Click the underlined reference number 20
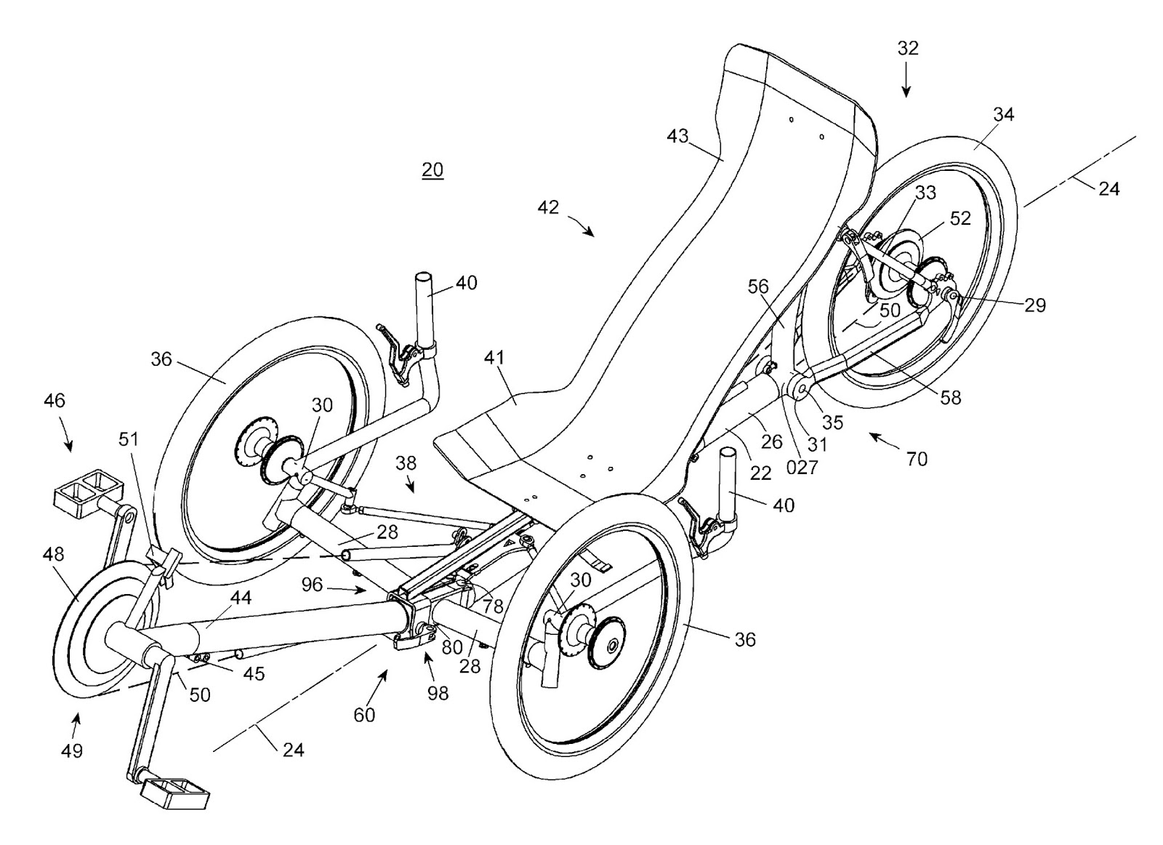pos(432,170)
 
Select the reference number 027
pos(802,468)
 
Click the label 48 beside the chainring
pos(53,554)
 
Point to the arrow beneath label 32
pos(906,81)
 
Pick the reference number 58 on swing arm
pos(950,397)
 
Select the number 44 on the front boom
pos(241,598)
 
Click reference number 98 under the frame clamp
pos(438,693)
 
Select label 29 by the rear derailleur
pos(1035,305)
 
